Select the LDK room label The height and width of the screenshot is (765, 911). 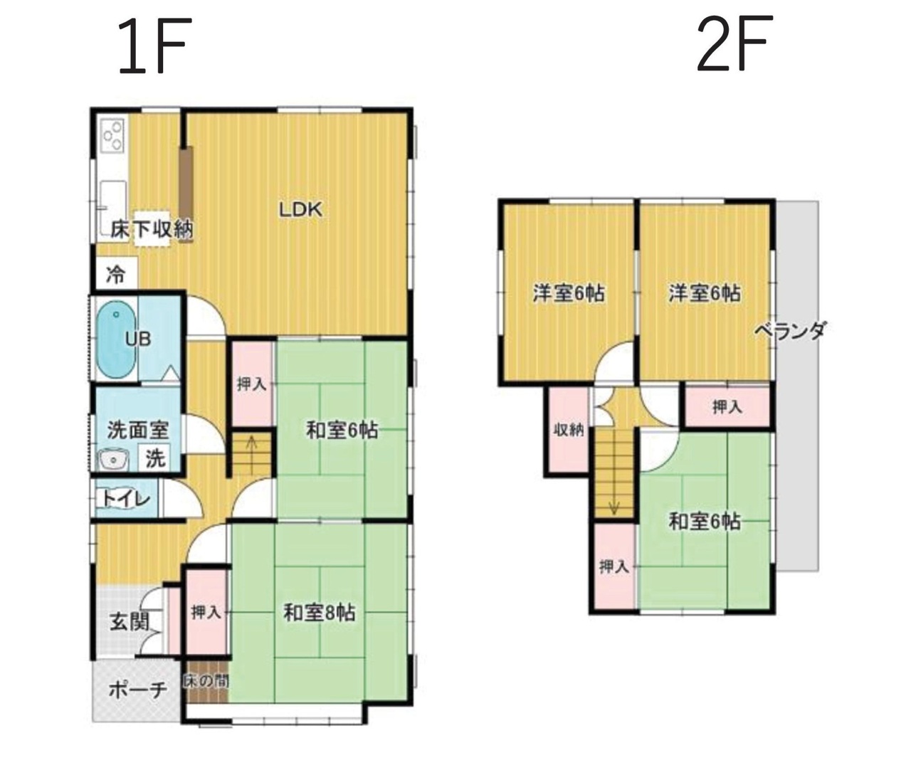coord(300,211)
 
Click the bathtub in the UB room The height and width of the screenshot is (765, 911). coord(116,339)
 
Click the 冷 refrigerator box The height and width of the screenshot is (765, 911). coord(117,273)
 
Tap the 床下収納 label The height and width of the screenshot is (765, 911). coord(152,230)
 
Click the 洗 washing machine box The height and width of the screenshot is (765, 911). coord(156,458)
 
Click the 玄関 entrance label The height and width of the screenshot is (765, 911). coord(130,621)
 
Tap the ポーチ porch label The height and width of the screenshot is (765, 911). coord(138,690)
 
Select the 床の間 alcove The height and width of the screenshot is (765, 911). coord(206,682)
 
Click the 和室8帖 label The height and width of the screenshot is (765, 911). coord(319,613)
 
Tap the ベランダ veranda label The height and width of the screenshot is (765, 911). coord(790,330)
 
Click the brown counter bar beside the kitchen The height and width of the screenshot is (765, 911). coord(186,195)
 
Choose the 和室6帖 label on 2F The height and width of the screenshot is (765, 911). coord(705,522)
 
